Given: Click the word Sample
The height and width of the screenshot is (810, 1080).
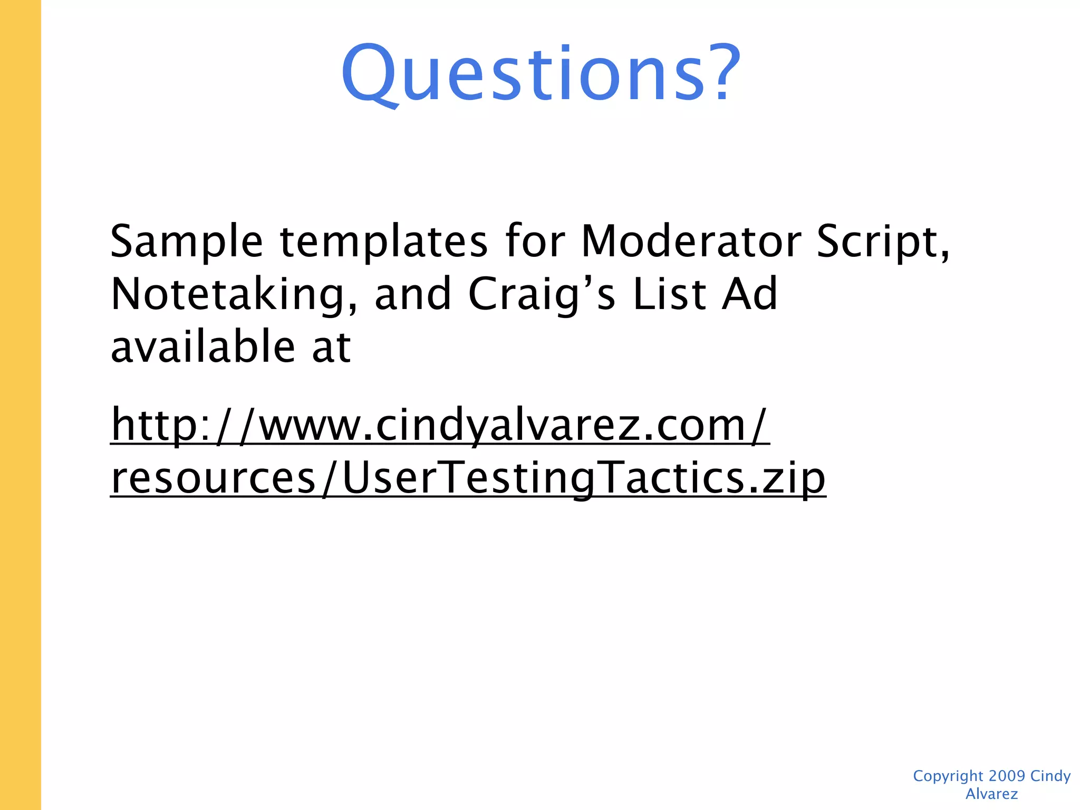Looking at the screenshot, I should [x=186, y=241].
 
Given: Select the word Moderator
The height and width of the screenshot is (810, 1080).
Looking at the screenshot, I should [x=691, y=241].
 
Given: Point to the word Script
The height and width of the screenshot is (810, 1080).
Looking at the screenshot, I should [x=881, y=242].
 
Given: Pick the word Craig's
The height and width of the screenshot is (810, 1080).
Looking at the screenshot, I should [x=542, y=294].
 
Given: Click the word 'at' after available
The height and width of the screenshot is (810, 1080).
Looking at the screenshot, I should [x=331, y=348].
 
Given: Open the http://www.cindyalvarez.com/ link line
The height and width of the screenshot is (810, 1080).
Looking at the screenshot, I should [x=440, y=425].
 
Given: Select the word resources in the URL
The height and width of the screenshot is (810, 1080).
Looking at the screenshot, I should [x=213, y=478].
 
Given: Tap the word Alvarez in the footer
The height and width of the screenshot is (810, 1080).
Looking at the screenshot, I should [x=991, y=794].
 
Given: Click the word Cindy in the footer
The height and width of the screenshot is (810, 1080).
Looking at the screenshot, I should [x=1050, y=776].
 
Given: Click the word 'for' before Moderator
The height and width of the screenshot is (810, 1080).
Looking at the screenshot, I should [x=535, y=241].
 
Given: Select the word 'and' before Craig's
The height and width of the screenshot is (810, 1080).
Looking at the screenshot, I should [x=412, y=294].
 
